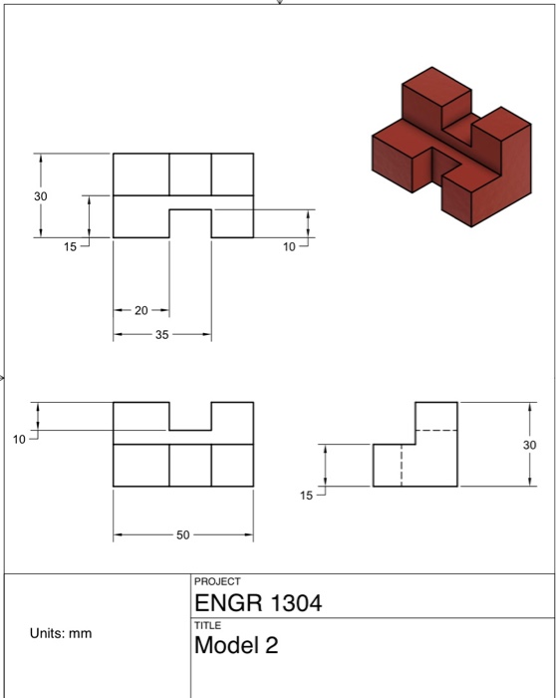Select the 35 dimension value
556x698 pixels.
coord(161,335)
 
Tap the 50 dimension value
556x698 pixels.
coord(182,536)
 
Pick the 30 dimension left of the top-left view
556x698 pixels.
coord(40,196)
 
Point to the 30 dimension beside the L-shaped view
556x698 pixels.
coord(529,444)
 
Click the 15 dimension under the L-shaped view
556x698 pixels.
coord(306,495)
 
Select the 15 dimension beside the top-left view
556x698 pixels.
coord(70,246)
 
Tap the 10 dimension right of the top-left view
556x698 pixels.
coord(289,246)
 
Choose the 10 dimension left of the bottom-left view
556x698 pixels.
coord(20,440)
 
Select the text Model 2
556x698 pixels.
coord(236,645)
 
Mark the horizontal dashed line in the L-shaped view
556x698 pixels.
coord(435,430)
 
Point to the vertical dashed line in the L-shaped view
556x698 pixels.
coord(402,466)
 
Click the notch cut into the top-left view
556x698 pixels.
coord(189,223)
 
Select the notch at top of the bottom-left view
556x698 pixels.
coord(189,416)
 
